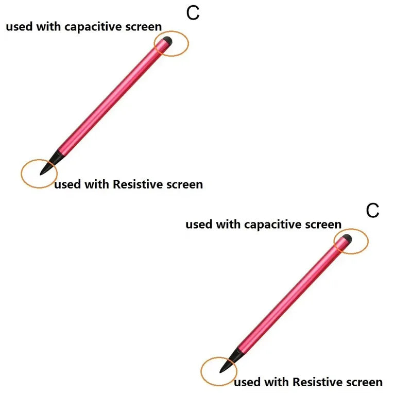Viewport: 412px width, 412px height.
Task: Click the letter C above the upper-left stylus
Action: [x=193, y=13]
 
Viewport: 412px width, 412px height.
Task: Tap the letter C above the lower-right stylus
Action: [x=372, y=211]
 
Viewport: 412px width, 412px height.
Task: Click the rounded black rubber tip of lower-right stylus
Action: [x=347, y=238]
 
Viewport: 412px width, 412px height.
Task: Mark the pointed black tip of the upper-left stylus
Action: [x=40, y=175]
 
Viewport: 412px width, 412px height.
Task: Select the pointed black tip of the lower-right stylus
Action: [x=220, y=372]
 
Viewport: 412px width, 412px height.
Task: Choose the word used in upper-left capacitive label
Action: [x=19, y=27]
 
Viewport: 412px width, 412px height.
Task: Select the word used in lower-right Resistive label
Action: [x=247, y=382]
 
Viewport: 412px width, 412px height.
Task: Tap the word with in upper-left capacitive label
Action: [x=48, y=27]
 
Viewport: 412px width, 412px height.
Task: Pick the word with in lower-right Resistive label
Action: [x=277, y=382]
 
